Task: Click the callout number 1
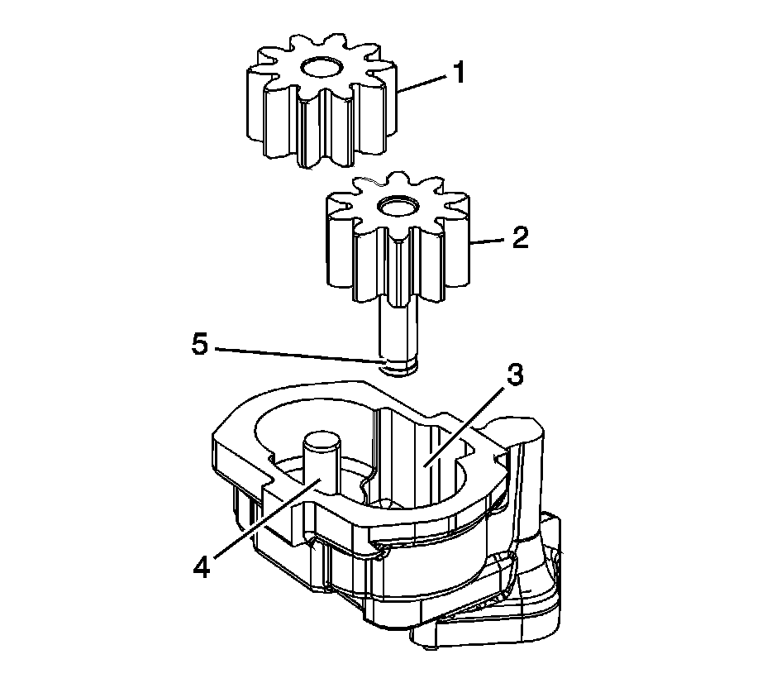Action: coord(456,73)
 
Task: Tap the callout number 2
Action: coord(519,240)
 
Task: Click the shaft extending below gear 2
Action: coord(397,331)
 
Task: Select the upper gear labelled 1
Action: coord(318,103)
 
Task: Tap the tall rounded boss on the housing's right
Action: coord(525,463)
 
